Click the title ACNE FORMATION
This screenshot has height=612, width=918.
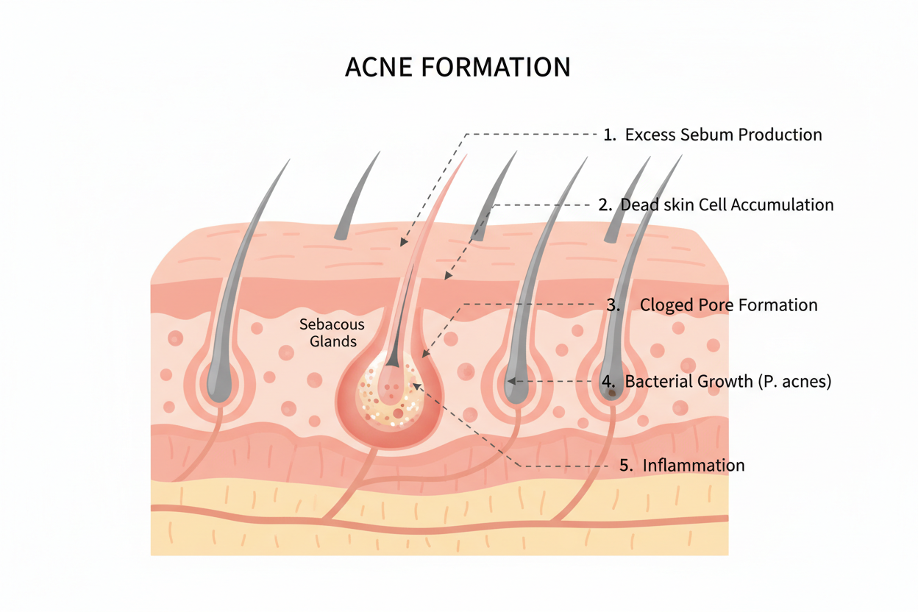(458, 67)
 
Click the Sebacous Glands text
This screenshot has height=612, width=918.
(332, 332)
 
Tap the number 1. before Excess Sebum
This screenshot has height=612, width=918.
(610, 135)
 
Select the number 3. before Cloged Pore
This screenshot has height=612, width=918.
(613, 305)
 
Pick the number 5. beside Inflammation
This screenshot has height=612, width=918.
(626, 466)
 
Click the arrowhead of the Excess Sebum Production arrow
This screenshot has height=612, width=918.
(403, 242)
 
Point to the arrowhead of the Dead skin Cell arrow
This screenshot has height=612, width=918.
(448, 276)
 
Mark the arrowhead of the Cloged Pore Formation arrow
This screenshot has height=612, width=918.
(425, 353)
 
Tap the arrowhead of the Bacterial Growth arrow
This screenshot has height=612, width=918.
(511, 381)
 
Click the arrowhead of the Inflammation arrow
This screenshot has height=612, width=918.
(416, 386)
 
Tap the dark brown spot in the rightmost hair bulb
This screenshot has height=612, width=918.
(612, 394)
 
